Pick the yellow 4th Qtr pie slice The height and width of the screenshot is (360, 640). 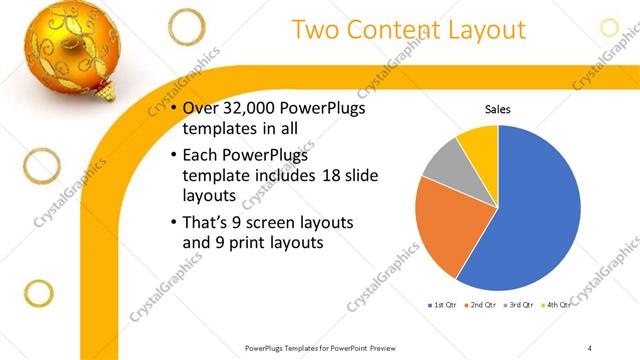[x=479, y=141]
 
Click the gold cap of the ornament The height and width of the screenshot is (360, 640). [x=103, y=95]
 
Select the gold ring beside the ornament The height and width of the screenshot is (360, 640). [x=185, y=26]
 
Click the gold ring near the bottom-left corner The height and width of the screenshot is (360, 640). [x=38, y=293]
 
